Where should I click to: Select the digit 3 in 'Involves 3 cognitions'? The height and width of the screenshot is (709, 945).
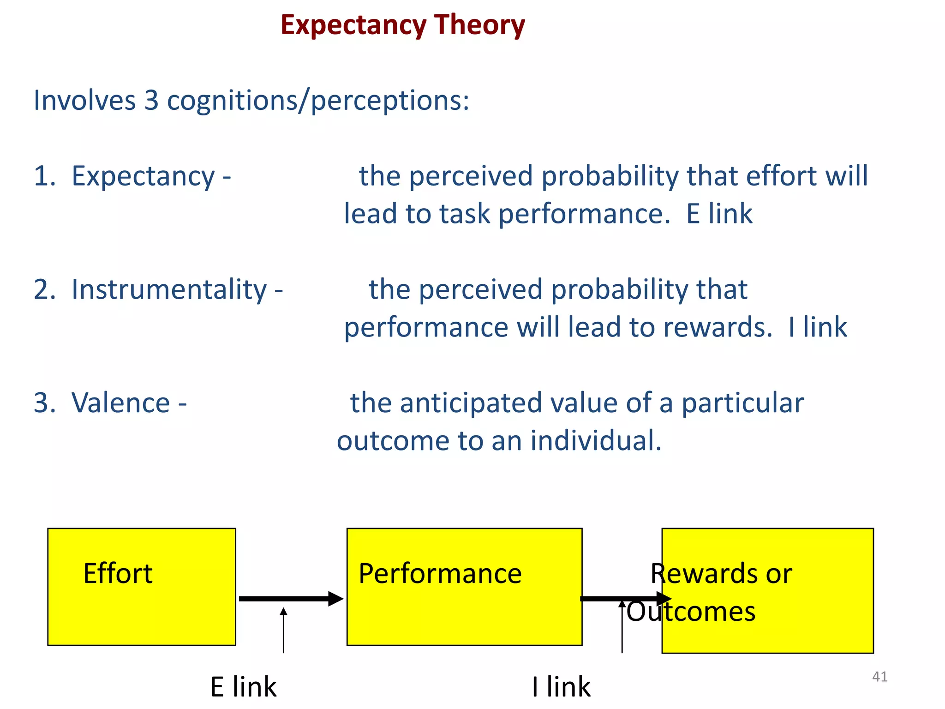[151, 100]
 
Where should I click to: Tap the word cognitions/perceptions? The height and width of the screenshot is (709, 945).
[318, 100]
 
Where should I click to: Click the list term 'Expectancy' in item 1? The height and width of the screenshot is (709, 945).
[143, 176]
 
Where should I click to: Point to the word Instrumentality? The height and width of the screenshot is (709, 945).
[169, 290]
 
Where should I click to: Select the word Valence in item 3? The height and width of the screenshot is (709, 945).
[121, 403]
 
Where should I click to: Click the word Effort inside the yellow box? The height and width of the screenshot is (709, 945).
[118, 574]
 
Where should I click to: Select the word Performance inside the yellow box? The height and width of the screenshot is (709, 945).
[440, 574]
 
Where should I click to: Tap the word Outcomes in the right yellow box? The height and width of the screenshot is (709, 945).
[691, 612]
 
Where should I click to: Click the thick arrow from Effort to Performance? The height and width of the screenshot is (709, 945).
[291, 599]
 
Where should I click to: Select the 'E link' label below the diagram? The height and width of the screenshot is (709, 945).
[243, 687]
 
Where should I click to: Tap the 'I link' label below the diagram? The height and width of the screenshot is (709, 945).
[561, 687]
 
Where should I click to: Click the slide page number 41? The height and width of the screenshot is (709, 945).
[879, 677]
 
